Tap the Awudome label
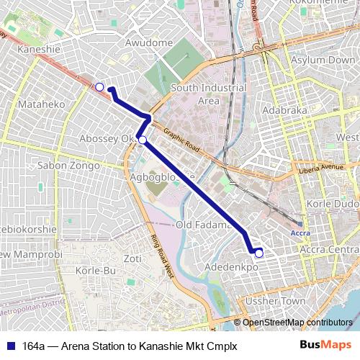pyautogui.click(x=150, y=42)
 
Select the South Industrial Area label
pyautogui.click(x=208, y=94)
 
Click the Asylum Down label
pyautogui.click(x=323, y=60)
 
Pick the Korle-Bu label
pyautogui.click(x=99, y=271)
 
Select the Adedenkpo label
pyautogui.click(x=232, y=267)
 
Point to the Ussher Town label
pyautogui.click(x=276, y=300)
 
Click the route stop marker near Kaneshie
pyautogui.click(x=99, y=87)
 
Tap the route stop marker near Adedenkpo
pyautogui.click(x=259, y=253)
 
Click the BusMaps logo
pyautogui.click(x=326, y=345)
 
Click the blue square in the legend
pyautogui.click(x=12, y=346)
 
